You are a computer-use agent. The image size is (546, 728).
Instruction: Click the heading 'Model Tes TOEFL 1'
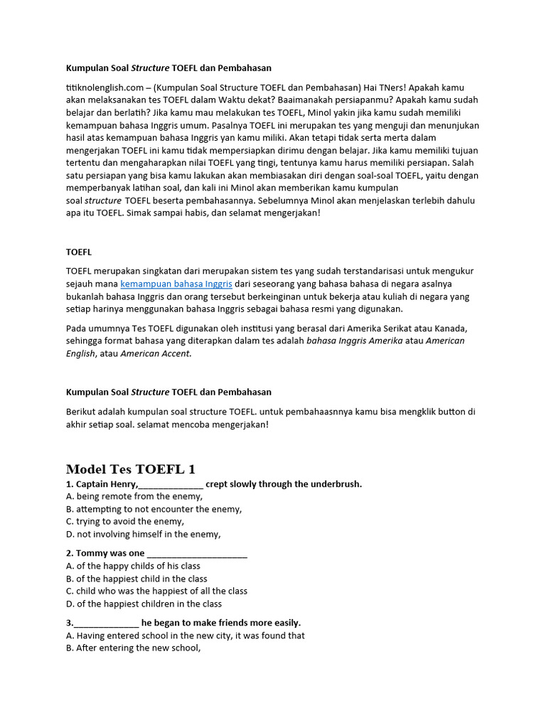point(130,469)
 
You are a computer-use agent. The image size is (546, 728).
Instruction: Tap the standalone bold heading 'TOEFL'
point(79,252)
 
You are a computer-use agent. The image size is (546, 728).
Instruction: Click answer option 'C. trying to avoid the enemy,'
point(124,522)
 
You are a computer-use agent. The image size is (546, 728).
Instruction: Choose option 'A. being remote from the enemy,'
point(134,496)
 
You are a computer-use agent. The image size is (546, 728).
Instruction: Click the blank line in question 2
point(197,553)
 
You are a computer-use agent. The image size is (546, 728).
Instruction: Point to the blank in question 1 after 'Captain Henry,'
point(171,484)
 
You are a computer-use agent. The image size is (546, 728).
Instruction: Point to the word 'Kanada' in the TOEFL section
point(450,328)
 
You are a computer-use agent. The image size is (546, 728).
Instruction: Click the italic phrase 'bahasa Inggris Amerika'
point(354,341)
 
